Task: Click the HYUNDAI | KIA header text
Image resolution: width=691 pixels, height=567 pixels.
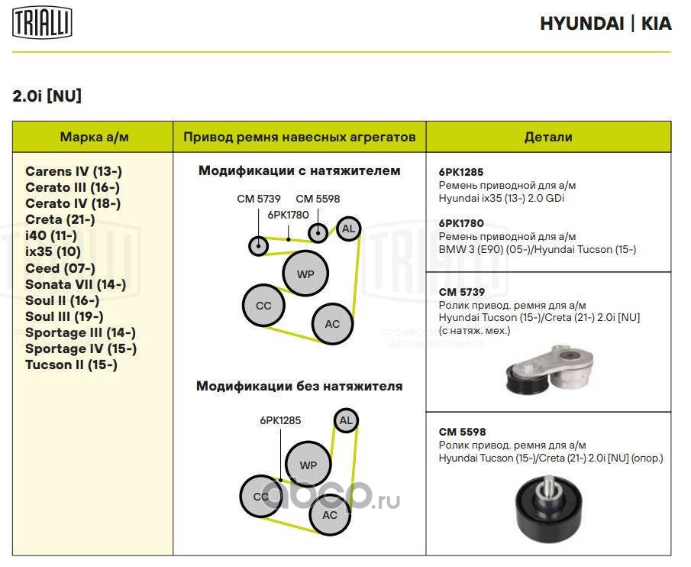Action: (605, 24)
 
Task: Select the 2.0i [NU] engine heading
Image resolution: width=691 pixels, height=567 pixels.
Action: (47, 97)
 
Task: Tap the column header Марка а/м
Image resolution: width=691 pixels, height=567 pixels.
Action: (95, 138)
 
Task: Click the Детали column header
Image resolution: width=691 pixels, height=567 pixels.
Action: (548, 138)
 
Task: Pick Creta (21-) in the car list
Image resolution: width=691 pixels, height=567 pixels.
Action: (60, 219)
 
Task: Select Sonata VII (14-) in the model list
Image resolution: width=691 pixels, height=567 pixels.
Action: (76, 284)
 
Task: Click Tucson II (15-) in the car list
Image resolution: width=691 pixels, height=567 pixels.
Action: (71, 364)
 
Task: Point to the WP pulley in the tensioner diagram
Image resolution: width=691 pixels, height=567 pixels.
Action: (305, 274)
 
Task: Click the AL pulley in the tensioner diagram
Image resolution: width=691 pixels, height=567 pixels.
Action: (348, 228)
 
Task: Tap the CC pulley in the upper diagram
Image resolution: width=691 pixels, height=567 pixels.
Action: (263, 306)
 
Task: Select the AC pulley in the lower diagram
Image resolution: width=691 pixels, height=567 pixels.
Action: (330, 514)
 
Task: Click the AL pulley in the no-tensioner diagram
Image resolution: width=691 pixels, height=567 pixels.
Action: (346, 420)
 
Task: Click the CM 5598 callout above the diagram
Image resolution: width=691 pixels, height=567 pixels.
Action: (318, 199)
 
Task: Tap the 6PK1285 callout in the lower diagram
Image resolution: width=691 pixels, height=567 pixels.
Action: (280, 420)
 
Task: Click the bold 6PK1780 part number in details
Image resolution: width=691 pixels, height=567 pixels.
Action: (461, 223)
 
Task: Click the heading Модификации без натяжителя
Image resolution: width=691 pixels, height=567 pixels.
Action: (299, 386)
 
